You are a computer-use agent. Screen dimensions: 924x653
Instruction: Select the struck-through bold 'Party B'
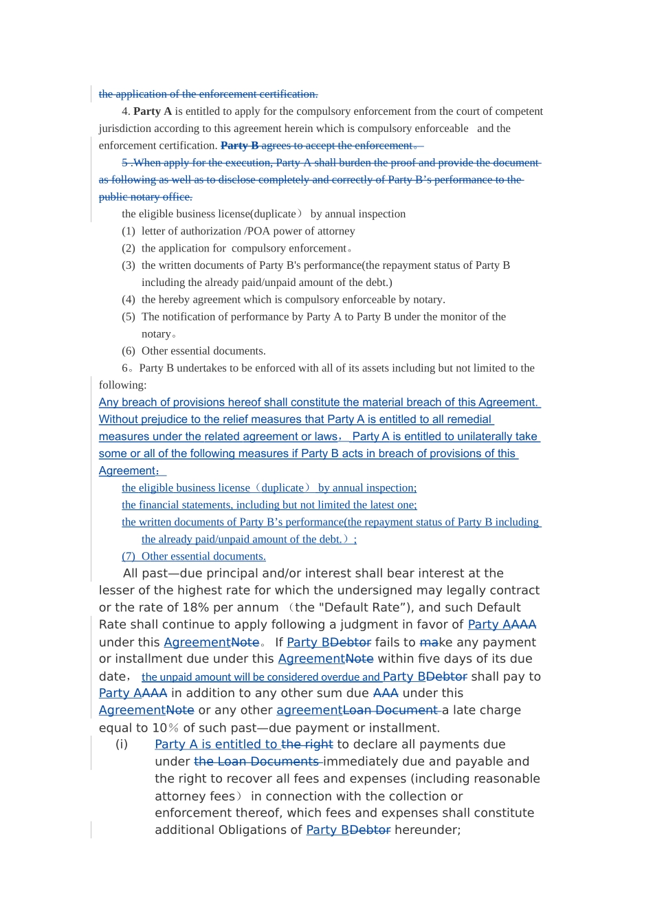(239, 146)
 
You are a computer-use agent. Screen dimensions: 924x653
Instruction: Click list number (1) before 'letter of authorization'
(129, 231)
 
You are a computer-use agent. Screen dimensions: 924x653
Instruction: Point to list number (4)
(129, 300)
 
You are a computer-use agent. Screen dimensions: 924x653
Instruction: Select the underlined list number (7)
(129, 557)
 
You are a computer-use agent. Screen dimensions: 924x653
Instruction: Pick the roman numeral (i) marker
(122, 745)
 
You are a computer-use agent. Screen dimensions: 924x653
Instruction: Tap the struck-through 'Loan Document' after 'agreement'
(391, 710)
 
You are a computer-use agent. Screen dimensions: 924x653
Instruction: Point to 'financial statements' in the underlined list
(184, 505)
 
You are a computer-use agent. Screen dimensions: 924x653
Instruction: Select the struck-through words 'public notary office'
(145, 197)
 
